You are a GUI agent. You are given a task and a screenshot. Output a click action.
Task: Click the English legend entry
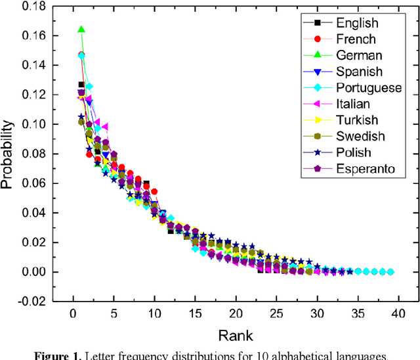[356, 24]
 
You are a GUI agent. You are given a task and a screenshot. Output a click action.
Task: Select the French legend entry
[354, 39]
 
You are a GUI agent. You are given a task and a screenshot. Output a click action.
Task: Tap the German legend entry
[358, 56]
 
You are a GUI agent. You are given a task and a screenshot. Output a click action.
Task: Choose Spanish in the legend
[359, 72]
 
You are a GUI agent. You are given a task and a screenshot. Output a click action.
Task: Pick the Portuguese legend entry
[368, 88]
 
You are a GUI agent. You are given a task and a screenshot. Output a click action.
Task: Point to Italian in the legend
[352, 104]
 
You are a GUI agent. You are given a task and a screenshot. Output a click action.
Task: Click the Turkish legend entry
[356, 120]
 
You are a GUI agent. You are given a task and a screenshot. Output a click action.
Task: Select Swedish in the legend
[360, 136]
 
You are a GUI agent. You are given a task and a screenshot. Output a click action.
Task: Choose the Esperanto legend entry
[365, 168]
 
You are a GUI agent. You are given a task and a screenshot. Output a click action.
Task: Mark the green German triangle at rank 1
[81, 30]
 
